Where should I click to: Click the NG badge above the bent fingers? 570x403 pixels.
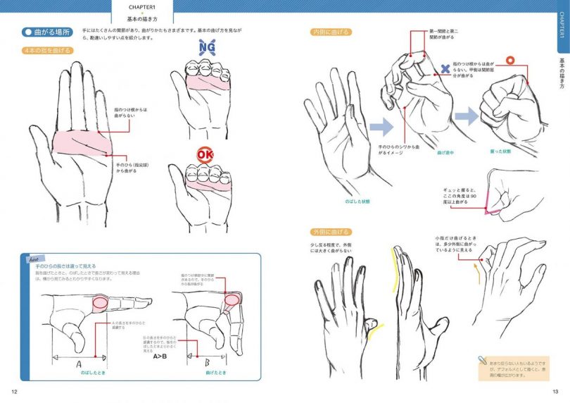click(x=207, y=48)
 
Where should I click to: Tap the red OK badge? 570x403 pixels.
click(x=205, y=154)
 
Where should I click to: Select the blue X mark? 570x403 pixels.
click(x=445, y=69)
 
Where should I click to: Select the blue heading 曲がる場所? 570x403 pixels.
click(x=46, y=32)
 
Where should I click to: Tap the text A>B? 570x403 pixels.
click(x=159, y=355)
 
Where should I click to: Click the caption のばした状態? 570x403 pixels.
click(x=358, y=201)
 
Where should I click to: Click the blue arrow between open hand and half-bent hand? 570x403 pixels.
click(x=381, y=126)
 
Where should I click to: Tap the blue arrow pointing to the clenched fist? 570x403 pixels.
click(x=465, y=116)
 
